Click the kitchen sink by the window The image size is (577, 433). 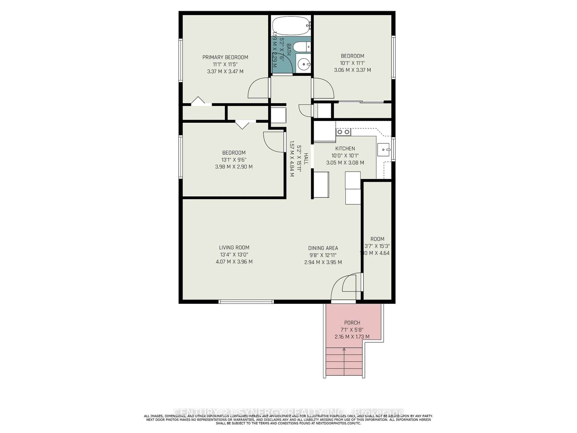(383, 150)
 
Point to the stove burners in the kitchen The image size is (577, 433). (343, 132)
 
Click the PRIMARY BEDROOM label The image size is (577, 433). (225, 57)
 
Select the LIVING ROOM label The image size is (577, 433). (234, 247)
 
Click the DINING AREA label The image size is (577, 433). (323, 248)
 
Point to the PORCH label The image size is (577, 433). (352, 323)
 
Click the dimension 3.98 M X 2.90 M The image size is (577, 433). (234, 167)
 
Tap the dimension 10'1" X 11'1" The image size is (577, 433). (352, 63)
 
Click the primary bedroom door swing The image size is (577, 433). (258, 89)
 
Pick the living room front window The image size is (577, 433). (246, 302)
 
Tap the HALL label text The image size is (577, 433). (306, 158)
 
